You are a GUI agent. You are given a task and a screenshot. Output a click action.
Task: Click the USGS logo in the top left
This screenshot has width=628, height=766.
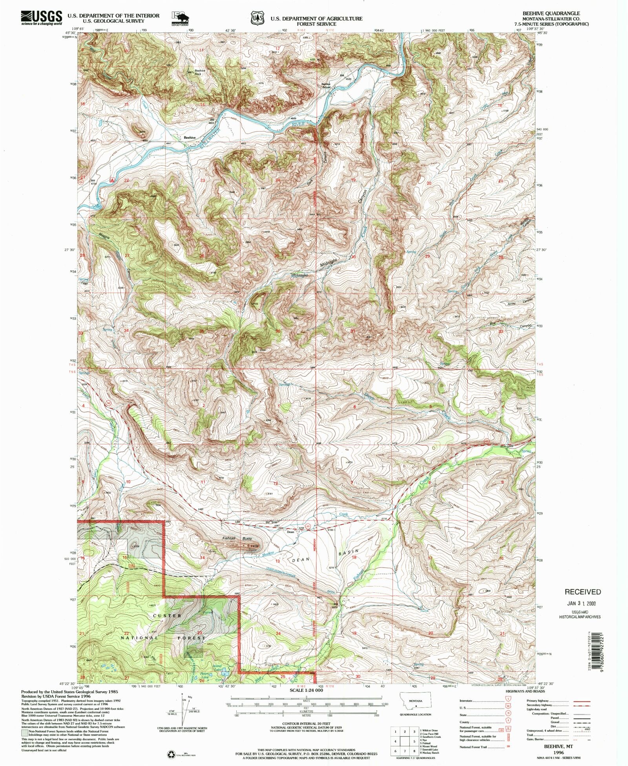click(42, 18)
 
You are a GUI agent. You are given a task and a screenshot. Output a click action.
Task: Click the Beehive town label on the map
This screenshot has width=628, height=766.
click(190, 137)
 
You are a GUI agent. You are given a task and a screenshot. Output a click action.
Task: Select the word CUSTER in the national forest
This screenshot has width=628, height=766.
click(167, 616)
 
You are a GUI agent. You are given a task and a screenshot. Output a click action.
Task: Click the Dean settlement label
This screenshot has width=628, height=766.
click(290, 532)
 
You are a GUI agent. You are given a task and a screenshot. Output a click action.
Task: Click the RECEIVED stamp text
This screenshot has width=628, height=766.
click(582, 592)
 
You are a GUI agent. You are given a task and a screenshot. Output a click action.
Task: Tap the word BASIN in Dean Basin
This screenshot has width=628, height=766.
click(349, 553)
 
